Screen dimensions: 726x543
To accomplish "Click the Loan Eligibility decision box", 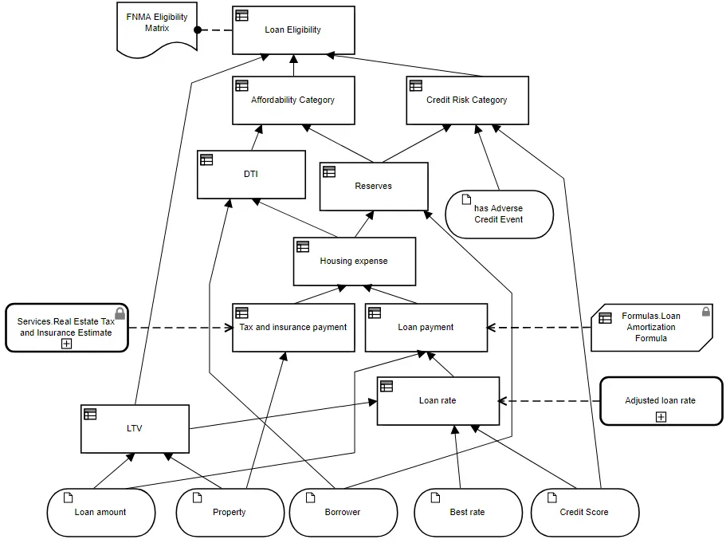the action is pyautogui.click(x=293, y=30).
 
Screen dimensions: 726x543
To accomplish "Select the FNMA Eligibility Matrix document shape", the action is pyautogui.click(x=157, y=29).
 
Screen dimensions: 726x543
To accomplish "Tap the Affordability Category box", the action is pyautogui.click(x=293, y=100).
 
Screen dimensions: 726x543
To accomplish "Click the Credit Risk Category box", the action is pyautogui.click(x=467, y=100).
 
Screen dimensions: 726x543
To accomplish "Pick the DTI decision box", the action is pyautogui.click(x=251, y=175).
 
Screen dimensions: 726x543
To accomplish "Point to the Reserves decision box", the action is pyautogui.click(x=374, y=187).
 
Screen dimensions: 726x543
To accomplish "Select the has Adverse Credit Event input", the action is pyautogui.click(x=499, y=214).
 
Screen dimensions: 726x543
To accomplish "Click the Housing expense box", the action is pyautogui.click(x=354, y=262).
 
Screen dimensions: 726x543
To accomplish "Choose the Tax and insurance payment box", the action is pyautogui.click(x=293, y=328).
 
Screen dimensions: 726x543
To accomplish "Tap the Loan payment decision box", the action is pyautogui.click(x=426, y=328).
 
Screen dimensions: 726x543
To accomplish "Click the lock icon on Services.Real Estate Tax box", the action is pyautogui.click(x=120, y=313).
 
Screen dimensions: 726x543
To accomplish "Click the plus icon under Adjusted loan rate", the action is pyautogui.click(x=661, y=417).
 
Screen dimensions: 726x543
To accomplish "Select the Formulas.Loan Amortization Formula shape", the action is pyautogui.click(x=651, y=328).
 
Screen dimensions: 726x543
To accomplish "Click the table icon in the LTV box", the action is pyautogui.click(x=90, y=414).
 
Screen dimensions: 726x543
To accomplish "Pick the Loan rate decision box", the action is pyautogui.click(x=438, y=401).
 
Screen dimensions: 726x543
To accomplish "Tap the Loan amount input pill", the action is pyautogui.click(x=101, y=513).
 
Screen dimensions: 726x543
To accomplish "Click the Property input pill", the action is pyautogui.click(x=230, y=513).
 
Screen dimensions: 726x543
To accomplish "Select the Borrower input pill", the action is pyautogui.click(x=343, y=513).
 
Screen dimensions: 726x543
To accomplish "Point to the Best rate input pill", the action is pyautogui.click(x=468, y=513).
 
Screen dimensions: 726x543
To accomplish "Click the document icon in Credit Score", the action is pyautogui.click(x=552, y=498).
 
